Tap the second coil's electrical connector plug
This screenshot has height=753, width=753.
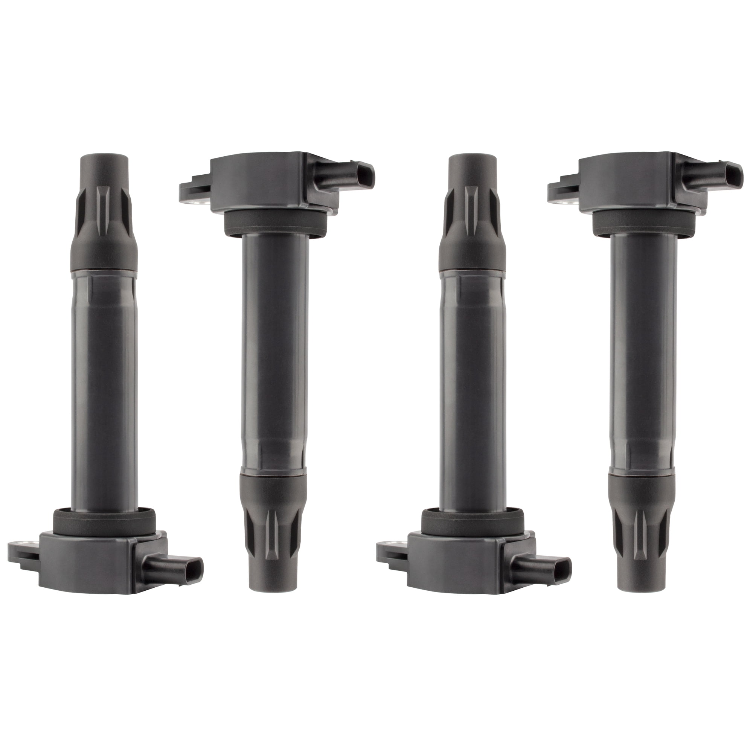(345, 175)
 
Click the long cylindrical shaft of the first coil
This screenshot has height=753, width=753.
(104, 390)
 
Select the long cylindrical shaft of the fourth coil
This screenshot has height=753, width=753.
(643, 351)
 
